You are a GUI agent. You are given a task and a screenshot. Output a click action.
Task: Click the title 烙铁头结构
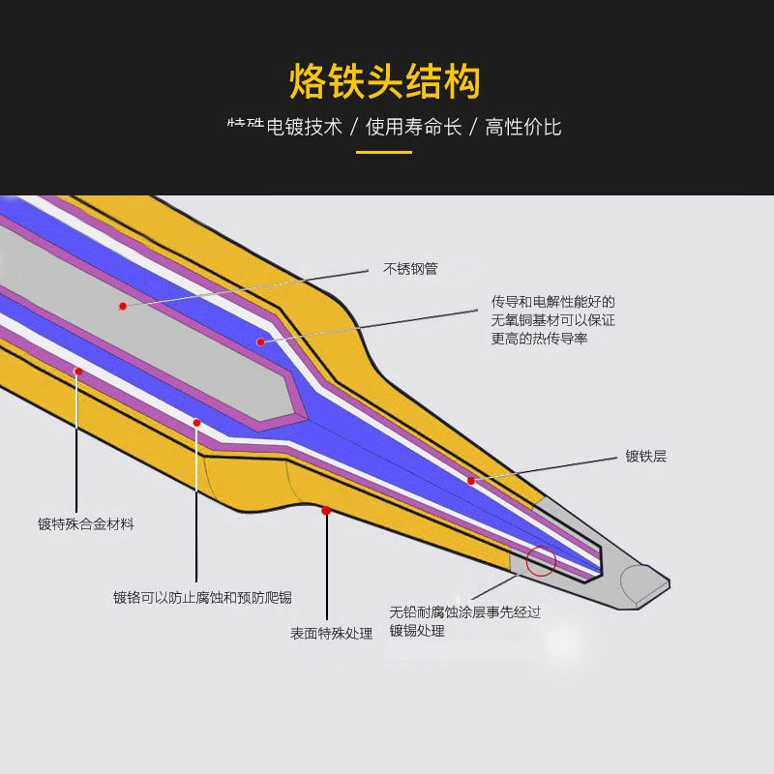[x=385, y=82]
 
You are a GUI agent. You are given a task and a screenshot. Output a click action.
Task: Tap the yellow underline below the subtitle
[x=384, y=152]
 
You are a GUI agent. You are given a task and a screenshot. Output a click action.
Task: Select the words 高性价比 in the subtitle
[x=523, y=127]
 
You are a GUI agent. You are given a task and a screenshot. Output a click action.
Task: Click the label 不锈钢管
[x=410, y=268]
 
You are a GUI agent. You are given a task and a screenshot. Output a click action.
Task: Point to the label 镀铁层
[x=645, y=456]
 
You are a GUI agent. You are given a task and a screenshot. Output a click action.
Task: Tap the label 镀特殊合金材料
[x=86, y=523]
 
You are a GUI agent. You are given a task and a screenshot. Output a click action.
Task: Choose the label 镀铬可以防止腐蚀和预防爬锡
[x=203, y=597]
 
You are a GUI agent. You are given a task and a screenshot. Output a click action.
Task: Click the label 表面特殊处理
[x=332, y=634]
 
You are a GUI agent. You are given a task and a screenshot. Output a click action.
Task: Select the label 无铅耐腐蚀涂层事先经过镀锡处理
[x=464, y=621]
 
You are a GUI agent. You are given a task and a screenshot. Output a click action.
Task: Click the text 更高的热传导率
[x=539, y=338]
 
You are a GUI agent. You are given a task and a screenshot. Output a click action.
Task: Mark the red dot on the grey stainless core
[x=123, y=306]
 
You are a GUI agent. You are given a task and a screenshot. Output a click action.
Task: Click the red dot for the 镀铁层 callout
[x=471, y=481]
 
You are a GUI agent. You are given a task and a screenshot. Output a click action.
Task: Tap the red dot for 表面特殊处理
[x=326, y=510]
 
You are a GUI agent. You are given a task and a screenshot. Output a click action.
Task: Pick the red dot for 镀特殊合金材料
[x=77, y=371]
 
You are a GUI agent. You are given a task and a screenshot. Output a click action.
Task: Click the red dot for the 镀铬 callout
[x=196, y=423]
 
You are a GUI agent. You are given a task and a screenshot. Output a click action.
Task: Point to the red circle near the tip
[x=541, y=560]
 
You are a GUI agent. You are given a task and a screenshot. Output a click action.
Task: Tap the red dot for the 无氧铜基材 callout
[x=260, y=342]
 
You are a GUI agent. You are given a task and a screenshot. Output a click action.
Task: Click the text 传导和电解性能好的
[x=552, y=302]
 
